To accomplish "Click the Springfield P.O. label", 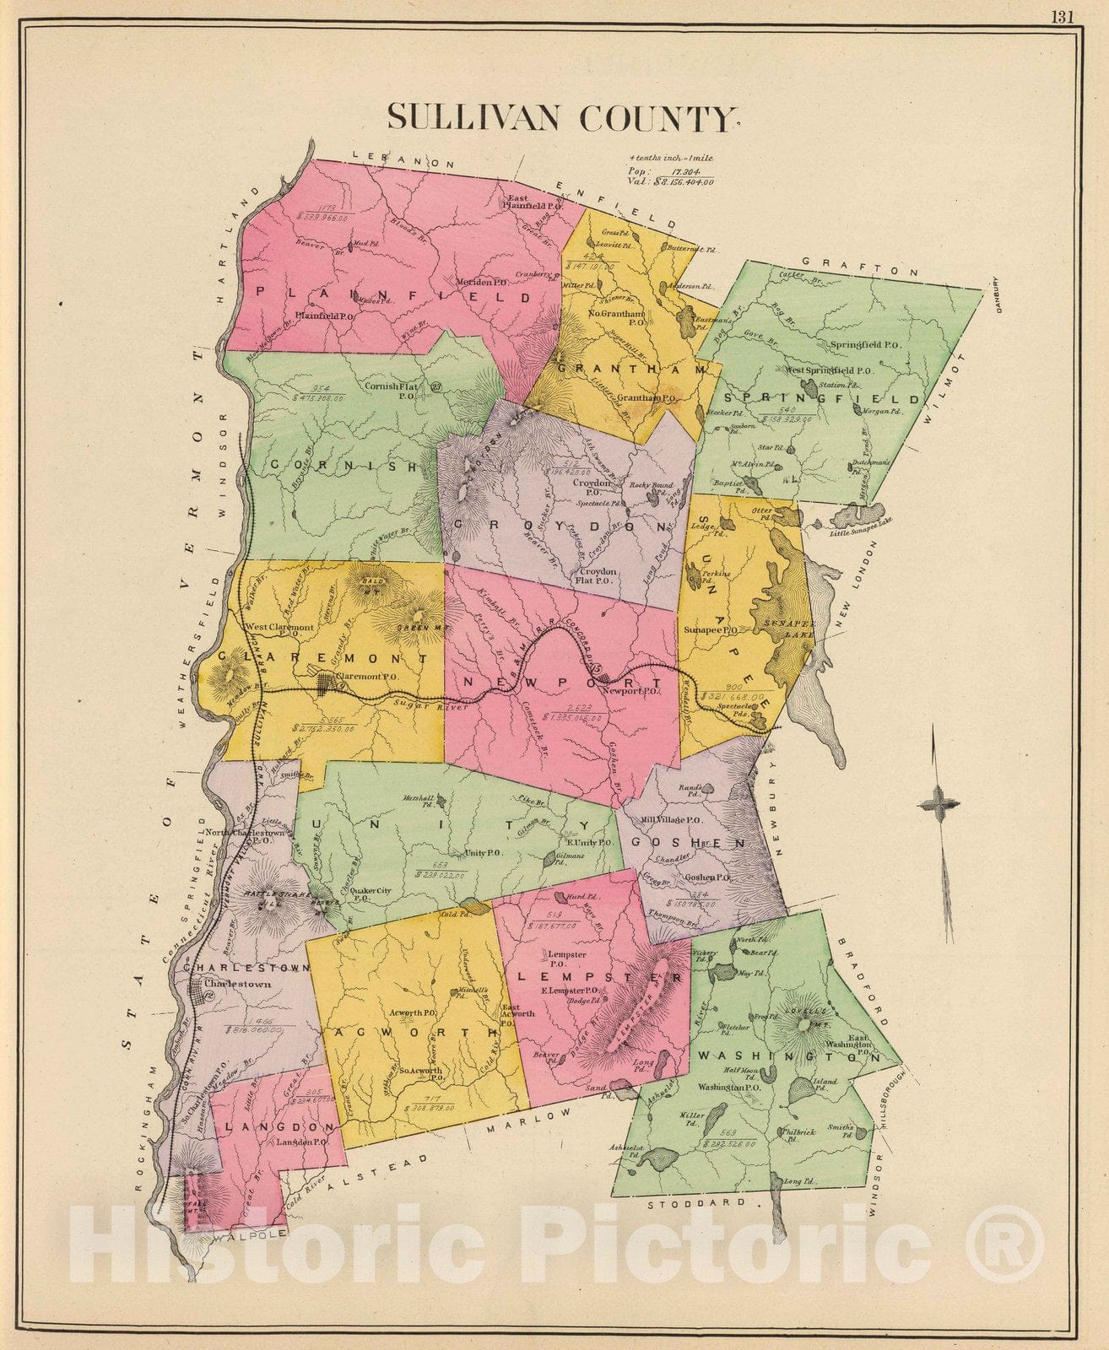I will click(865, 345).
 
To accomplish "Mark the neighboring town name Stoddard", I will click(697, 1202).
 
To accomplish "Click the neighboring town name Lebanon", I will click(403, 159).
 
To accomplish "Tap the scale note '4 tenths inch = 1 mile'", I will click(671, 158).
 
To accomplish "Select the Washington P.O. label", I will click(732, 1088).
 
